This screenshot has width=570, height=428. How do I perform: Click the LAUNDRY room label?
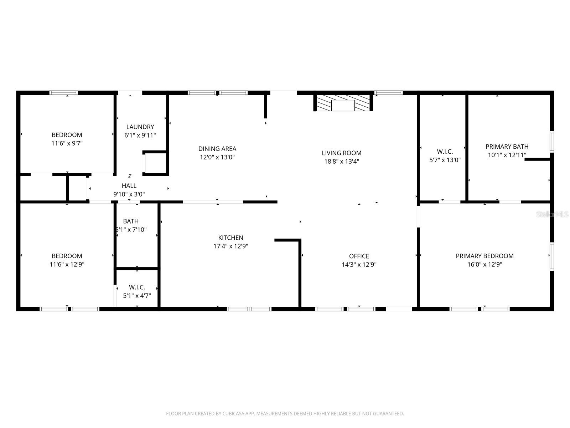pyautogui.click(x=140, y=127)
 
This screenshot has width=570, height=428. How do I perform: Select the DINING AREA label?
pyautogui.click(x=217, y=149)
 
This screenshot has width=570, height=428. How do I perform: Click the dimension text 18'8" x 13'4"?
pyautogui.click(x=341, y=161)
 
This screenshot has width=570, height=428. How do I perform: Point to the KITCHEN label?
pyautogui.click(x=230, y=238)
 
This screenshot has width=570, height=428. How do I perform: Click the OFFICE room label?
pyautogui.click(x=359, y=256)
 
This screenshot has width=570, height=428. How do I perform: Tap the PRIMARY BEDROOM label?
pyautogui.click(x=484, y=256)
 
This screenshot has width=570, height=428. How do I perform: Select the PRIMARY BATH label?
pyautogui.click(x=507, y=147)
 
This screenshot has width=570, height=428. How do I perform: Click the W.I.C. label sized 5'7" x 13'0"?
pyautogui.click(x=445, y=152)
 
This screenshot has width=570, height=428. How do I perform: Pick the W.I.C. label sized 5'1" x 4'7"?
pyautogui.click(x=137, y=287)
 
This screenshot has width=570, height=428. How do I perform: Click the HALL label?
pyautogui.click(x=129, y=186)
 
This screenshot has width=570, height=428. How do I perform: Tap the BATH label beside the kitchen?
pyautogui.click(x=131, y=221)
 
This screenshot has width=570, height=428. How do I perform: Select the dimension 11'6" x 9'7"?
pyautogui.click(x=67, y=143)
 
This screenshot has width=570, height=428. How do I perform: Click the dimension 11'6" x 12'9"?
pyautogui.click(x=67, y=265)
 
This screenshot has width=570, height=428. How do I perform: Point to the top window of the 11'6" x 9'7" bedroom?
pyautogui.click(x=63, y=93)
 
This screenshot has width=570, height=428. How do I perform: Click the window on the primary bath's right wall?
pyautogui.click(x=552, y=142)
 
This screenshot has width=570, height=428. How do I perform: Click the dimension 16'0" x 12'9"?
pyautogui.click(x=484, y=265)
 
